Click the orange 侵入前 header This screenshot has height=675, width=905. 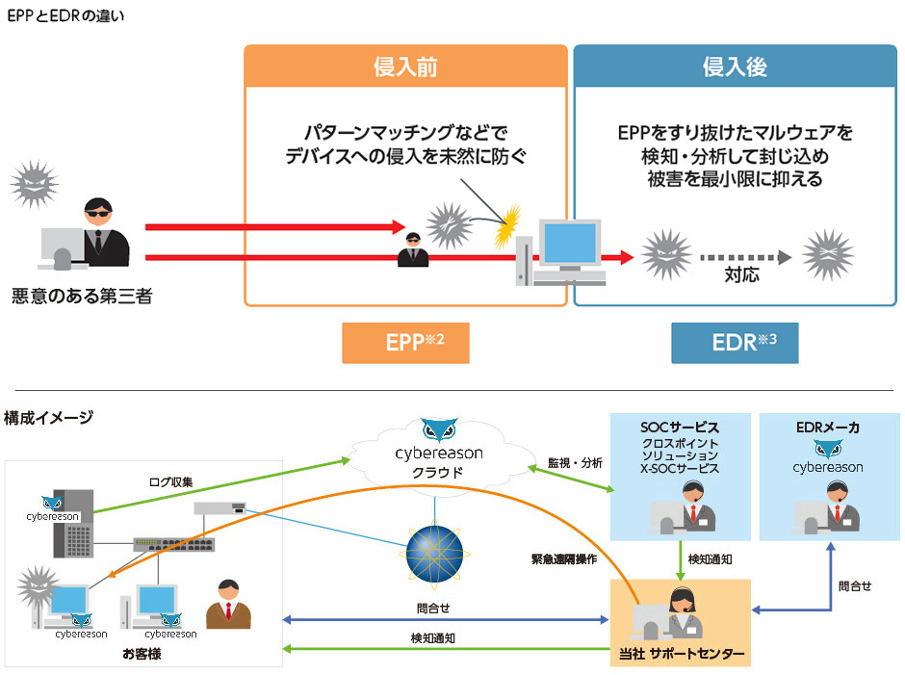(x=405, y=66)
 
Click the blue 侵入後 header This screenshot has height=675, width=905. (x=734, y=66)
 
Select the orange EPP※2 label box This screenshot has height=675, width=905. (x=405, y=343)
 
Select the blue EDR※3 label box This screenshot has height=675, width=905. (x=735, y=343)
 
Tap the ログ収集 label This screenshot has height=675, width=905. (x=171, y=480)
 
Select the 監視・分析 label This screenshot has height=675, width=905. (x=575, y=463)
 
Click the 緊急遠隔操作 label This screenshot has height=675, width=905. (x=563, y=558)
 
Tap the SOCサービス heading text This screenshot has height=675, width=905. (x=681, y=427)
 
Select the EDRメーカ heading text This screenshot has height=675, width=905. (x=828, y=427)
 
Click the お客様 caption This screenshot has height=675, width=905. (x=142, y=654)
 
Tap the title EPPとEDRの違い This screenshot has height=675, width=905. (x=65, y=16)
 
